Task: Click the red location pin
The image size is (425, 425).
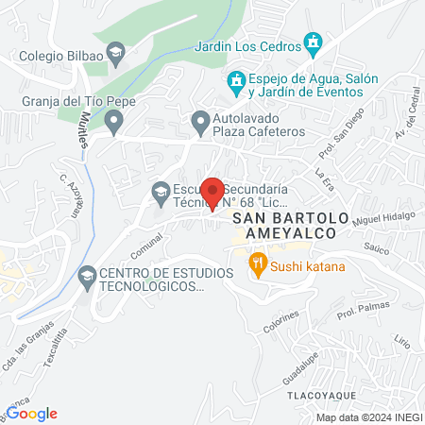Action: pyautogui.click(x=213, y=192)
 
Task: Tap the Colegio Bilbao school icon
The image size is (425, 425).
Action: pyautogui.click(x=116, y=53)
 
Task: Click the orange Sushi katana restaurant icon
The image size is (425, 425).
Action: pyautogui.click(x=256, y=263)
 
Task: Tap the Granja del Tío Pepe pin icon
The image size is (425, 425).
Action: pyautogui.click(x=113, y=120)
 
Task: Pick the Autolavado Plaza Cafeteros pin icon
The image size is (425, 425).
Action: pyautogui.click(x=200, y=120)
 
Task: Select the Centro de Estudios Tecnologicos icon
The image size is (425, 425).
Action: pyautogui.click(x=88, y=277)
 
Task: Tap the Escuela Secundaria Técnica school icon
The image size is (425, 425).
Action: pyautogui.click(x=161, y=193)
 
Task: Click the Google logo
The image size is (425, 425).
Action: pyautogui.click(x=33, y=413)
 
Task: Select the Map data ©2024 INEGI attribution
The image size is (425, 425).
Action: pyautogui.click(x=369, y=416)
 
